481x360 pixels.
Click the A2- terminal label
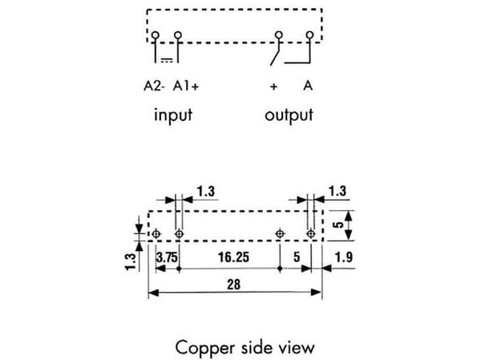point(154,87)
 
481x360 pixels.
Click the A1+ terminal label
point(186,87)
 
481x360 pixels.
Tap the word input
point(173,115)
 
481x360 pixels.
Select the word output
point(289,115)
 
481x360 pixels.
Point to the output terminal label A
point(308,86)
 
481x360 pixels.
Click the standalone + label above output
point(273,87)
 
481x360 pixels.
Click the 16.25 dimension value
point(234,257)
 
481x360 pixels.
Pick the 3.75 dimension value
point(167,257)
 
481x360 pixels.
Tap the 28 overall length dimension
point(234,285)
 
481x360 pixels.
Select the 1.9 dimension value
point(344,257)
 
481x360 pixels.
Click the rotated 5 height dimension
point(338,224)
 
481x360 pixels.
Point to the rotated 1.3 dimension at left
point(131,262)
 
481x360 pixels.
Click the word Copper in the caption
point(205,348)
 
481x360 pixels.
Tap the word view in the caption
point(297,348)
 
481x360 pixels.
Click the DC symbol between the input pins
point(167,60)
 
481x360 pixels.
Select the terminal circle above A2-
point(156,35)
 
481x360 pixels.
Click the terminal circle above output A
point(309,34)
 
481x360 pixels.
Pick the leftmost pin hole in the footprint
point(156,234)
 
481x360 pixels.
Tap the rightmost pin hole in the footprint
point(311,234)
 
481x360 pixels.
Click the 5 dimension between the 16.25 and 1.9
point(297,257)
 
